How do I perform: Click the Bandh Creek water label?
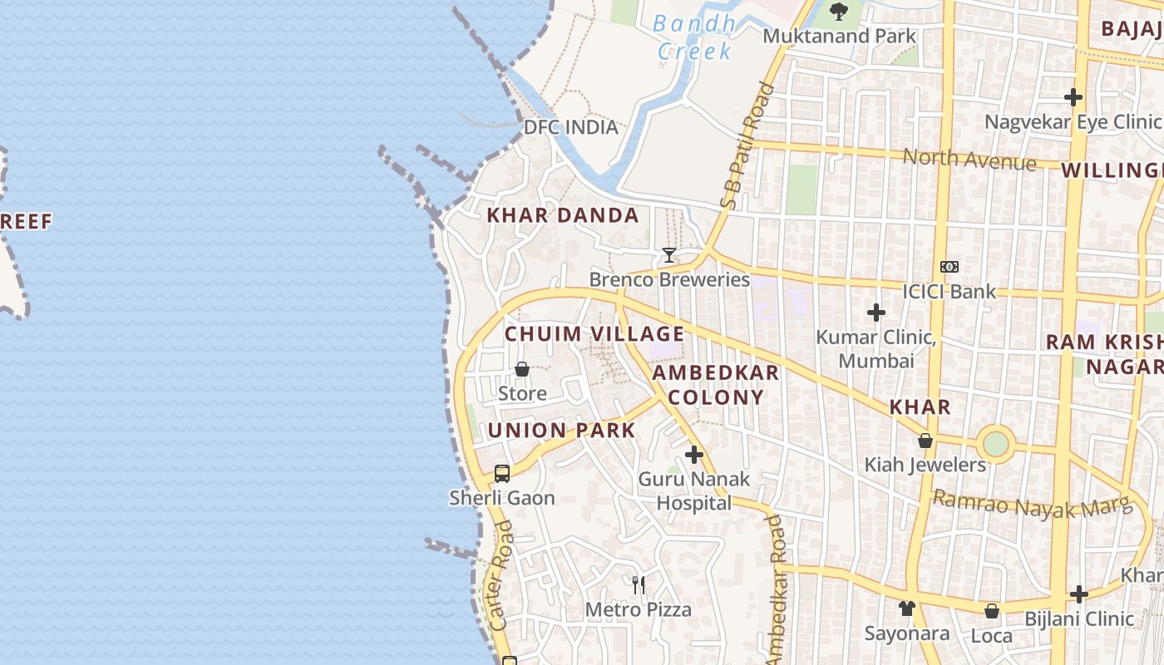click(x=694, y=37)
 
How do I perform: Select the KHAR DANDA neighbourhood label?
click(x=563, y=215)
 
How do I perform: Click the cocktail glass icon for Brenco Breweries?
click(x=669, y=255)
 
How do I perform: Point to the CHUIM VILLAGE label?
click(x=594, y=334)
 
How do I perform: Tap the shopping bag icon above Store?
click(x=522, y=369)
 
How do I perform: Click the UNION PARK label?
click(x=561, y=431)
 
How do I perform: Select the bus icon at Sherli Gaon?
click(x=502, y=474)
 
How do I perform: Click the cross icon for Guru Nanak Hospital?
click(x=694, y=455)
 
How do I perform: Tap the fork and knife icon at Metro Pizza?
click(x=639, y=585)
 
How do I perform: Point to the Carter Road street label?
click(x=501, y=587)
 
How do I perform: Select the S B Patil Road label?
click(x=742, y=145)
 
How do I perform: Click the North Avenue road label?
click(x=969, y=159)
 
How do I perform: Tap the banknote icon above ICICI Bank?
click(x=949, y=267)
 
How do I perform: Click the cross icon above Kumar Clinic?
click(x=875, y=313)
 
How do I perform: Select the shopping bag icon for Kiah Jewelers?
click(x=925, y=441)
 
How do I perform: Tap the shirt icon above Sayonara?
click(x=906, y=608)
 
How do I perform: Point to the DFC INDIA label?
click(x=571, y=127)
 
